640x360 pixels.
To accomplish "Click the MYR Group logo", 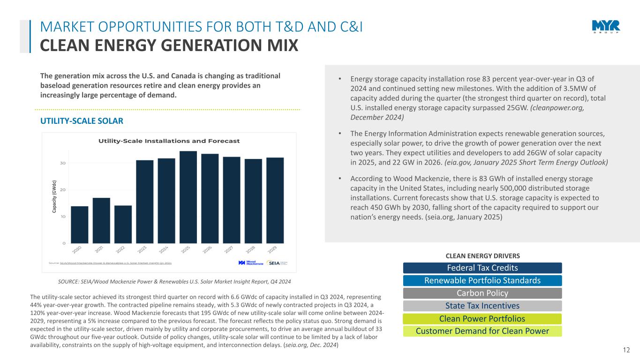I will click(606, 27).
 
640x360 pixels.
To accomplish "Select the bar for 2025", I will click(188, 197).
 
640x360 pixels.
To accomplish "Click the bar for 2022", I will click(123, 224).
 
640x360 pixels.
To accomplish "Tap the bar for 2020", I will click(79, 225).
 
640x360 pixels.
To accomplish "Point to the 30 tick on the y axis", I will click(62, 163).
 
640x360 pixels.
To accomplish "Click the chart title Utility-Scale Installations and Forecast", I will click(169, 141).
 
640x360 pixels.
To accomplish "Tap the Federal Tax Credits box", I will click(482, 268).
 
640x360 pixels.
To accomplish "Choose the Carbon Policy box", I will click(482, 293).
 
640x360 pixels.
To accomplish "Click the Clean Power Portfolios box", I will click(482, 319).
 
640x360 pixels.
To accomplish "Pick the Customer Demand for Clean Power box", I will click(482, 331).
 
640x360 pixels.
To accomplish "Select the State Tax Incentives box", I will click(482, 306).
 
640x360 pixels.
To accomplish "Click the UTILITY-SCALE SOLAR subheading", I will click(82, 121).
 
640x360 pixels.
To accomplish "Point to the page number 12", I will click(626, 350).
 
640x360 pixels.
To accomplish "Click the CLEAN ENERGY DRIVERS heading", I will click(482, 256).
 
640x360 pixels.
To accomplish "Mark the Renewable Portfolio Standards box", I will click(482, 280).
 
